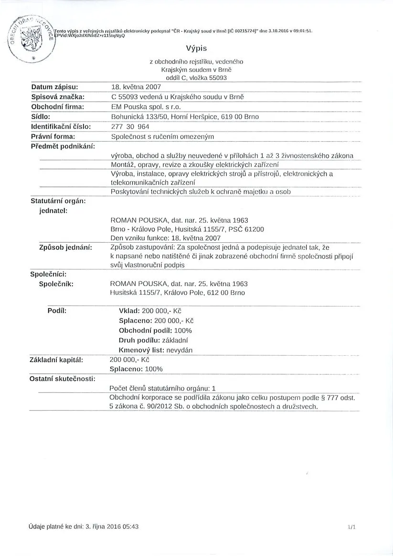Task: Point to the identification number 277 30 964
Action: point(130,126)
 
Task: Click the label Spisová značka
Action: point(57,97)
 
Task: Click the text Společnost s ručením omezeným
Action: point(162,136)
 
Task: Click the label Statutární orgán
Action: point(58,201)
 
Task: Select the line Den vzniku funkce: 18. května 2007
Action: point(165,237)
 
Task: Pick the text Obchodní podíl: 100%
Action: point(155,330)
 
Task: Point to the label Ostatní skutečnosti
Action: point(63,379)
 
